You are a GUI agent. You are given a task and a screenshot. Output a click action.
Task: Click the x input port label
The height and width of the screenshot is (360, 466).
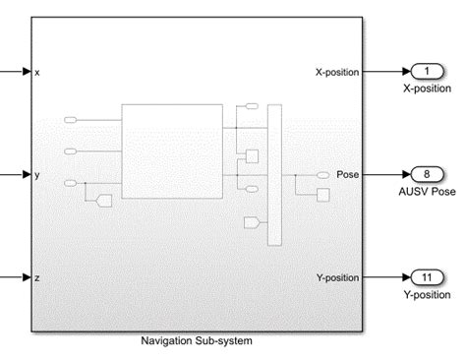click(37, 72)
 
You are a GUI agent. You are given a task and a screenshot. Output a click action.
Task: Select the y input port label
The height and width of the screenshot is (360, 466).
click(37, 175)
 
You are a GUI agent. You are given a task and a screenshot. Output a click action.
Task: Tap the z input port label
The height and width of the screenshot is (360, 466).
click(37, 277)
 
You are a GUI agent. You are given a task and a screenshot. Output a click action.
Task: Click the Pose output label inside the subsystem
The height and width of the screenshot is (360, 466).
click(347, 175)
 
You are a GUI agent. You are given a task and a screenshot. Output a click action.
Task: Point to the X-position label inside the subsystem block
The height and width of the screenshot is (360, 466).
click(337, 72)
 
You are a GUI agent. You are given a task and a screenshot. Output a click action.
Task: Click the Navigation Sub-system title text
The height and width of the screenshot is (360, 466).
click(197, 341)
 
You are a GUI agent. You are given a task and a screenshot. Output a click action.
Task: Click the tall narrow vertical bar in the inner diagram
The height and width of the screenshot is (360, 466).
click(273, 167)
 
